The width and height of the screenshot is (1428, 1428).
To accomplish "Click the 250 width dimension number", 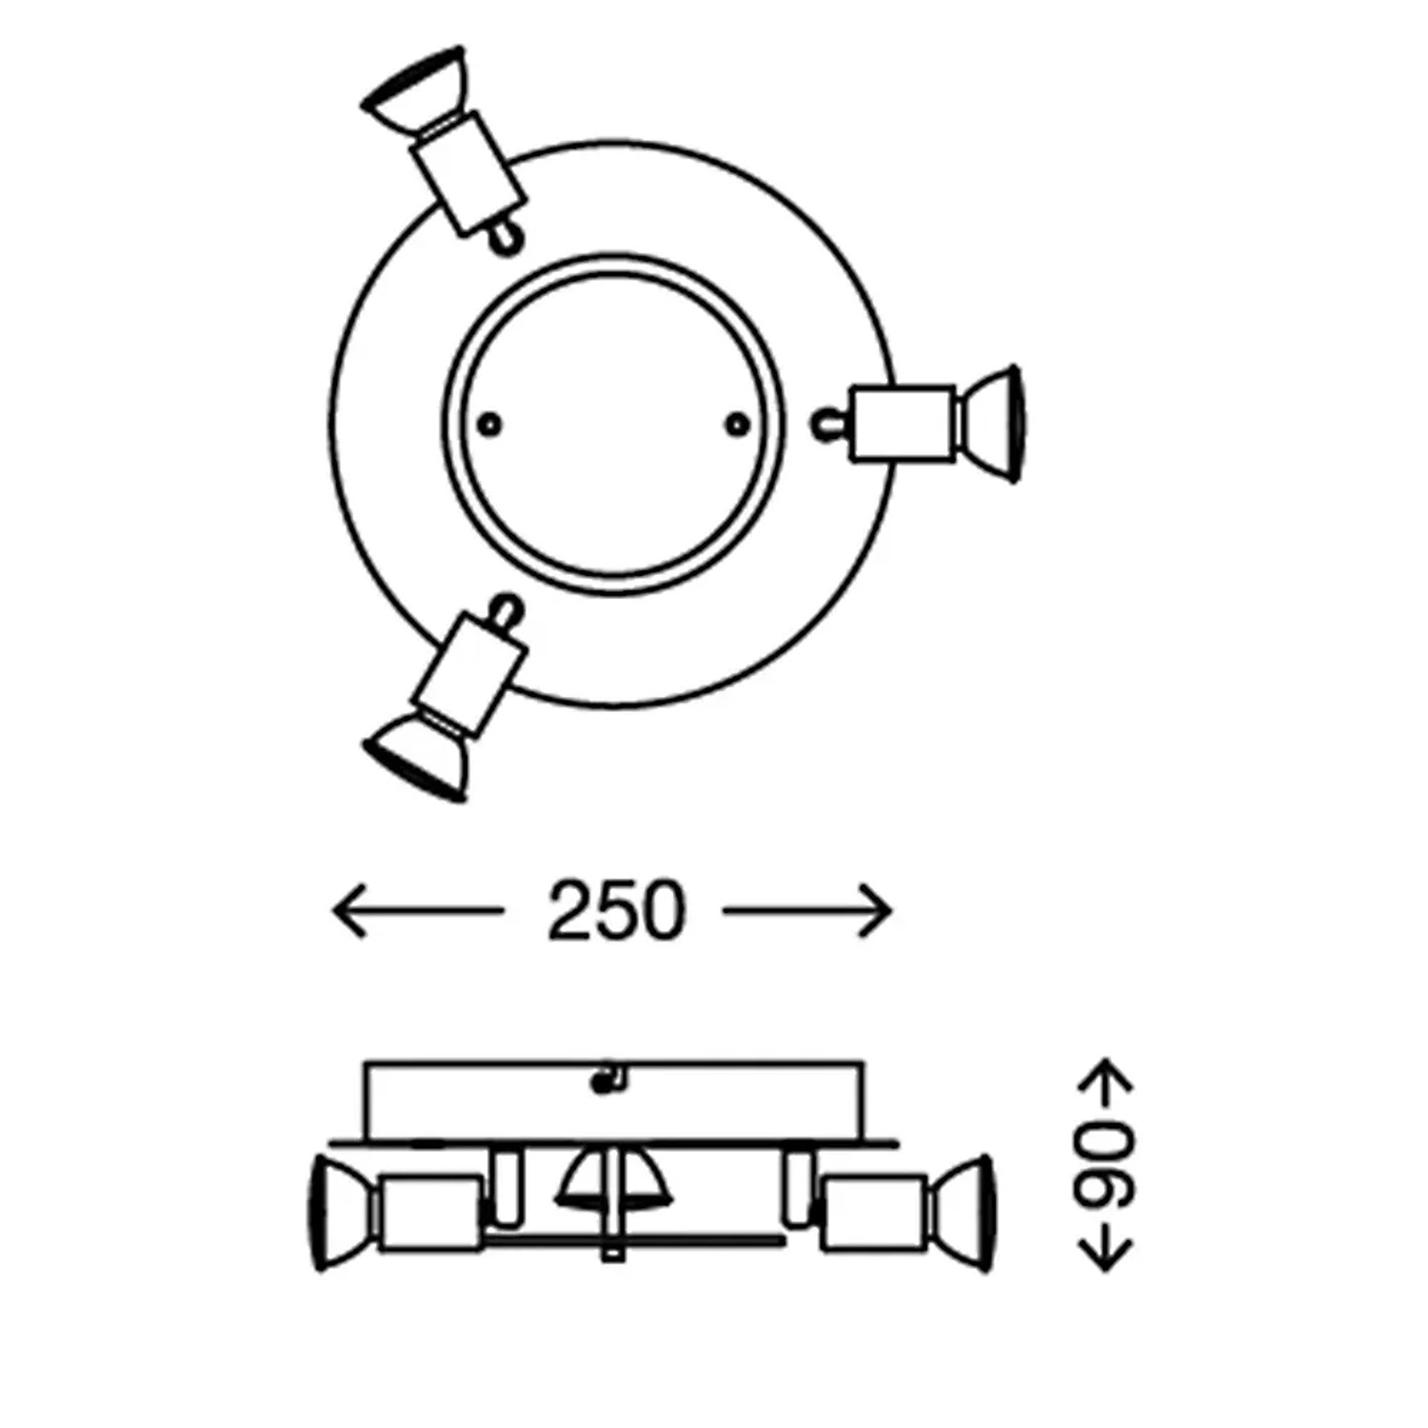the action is click(616, 911).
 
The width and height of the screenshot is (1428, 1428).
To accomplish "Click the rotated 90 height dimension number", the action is click(1106, 1165).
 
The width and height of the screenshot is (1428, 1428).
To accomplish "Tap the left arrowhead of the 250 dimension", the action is click(347, 911).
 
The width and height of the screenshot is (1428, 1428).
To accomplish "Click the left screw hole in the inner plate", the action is click(489, 425).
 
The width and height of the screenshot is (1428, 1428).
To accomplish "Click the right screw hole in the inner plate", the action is click(736, 425).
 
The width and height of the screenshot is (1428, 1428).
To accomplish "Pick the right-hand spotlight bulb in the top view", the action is click(990, 424).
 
